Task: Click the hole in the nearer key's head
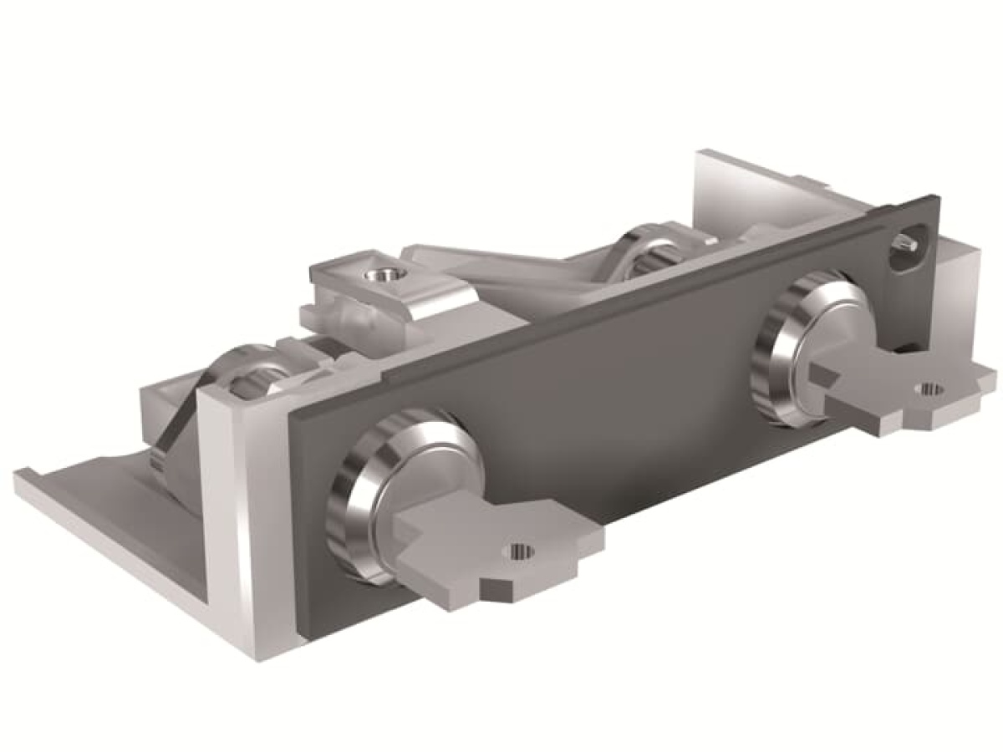(519, 550)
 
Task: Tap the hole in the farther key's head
(927, 388)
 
